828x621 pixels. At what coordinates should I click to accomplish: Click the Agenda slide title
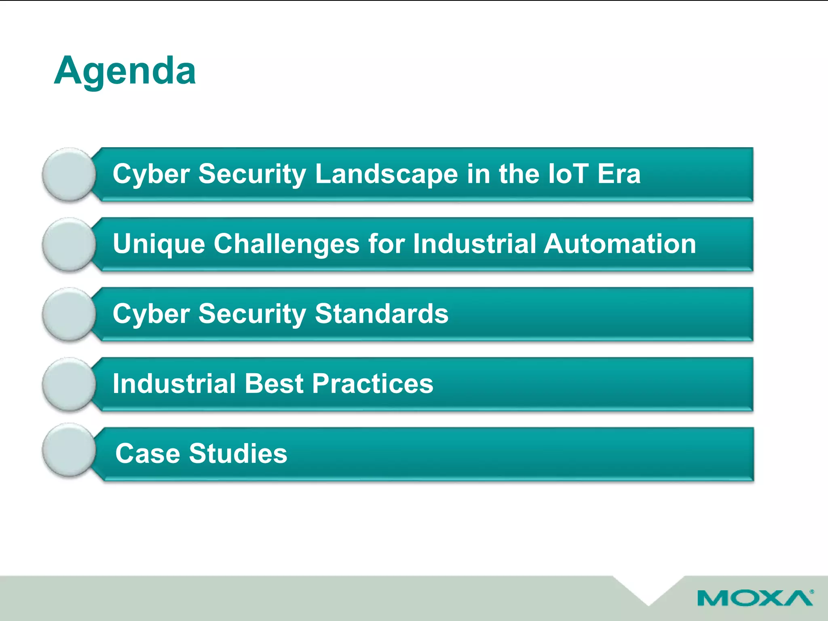[125, 71]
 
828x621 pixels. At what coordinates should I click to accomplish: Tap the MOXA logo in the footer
[755, 598]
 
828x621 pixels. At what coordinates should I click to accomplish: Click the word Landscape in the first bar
[387, 174]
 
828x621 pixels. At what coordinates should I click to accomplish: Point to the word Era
[619, 174]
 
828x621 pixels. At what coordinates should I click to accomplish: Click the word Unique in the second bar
[159, 244]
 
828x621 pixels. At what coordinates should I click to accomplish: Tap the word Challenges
[286, 244]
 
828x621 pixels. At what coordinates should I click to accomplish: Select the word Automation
[620, 244]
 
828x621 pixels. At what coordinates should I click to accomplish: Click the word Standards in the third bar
[381, 314]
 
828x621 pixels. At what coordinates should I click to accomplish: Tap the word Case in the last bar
[148, 454]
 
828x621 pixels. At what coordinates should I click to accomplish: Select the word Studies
[238, 454]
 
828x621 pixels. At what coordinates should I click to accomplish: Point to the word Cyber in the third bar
[151, 315]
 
